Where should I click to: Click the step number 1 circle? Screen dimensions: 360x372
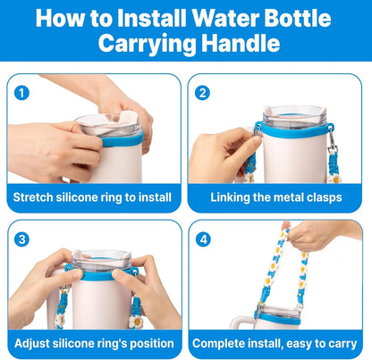pos(22,92)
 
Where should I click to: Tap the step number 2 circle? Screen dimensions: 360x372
pos(203,92)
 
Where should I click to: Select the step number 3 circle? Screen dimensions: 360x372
pos(22,239)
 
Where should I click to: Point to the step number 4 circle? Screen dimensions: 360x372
pos(203,239)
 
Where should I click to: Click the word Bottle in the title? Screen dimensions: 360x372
pos(303,18)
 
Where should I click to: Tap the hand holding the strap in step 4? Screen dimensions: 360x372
pos(313,234)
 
